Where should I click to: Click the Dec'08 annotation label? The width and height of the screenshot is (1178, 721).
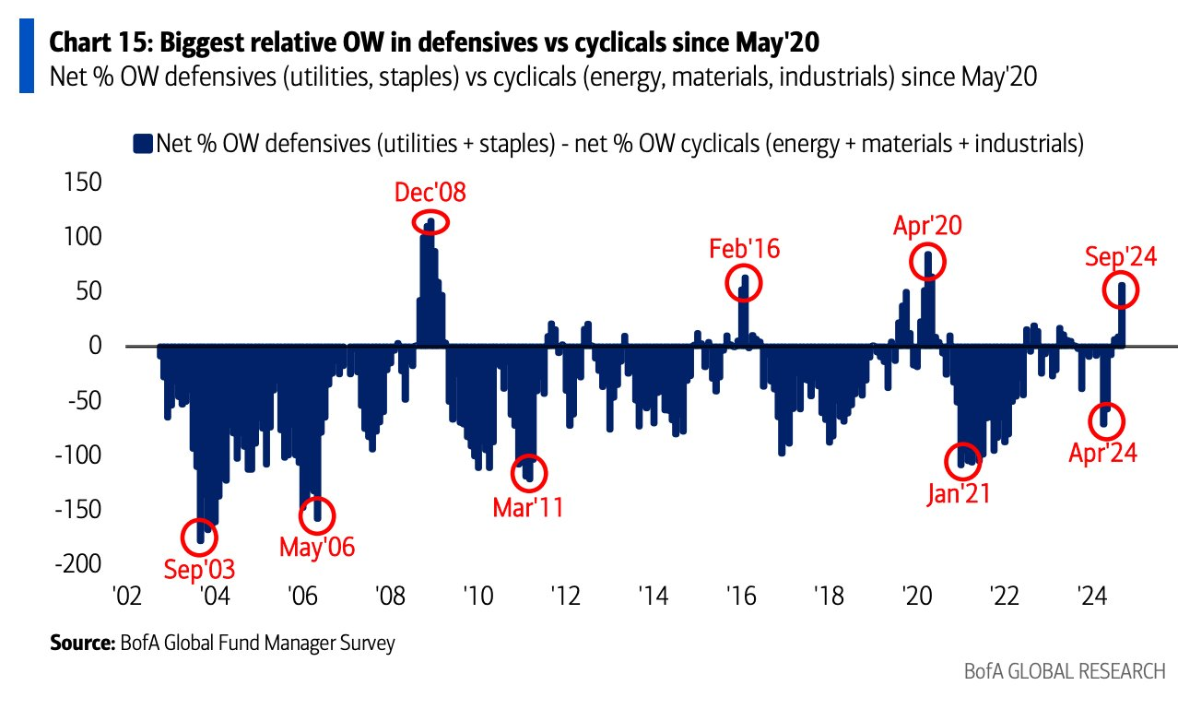tap(430, 193)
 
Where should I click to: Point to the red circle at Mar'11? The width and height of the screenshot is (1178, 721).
tap(528, 474)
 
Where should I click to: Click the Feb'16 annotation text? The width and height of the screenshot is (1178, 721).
tap(744, 248)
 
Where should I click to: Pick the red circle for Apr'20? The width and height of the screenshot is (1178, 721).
tap(928, 262)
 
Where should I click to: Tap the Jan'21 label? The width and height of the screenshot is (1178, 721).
tap(958, 493)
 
